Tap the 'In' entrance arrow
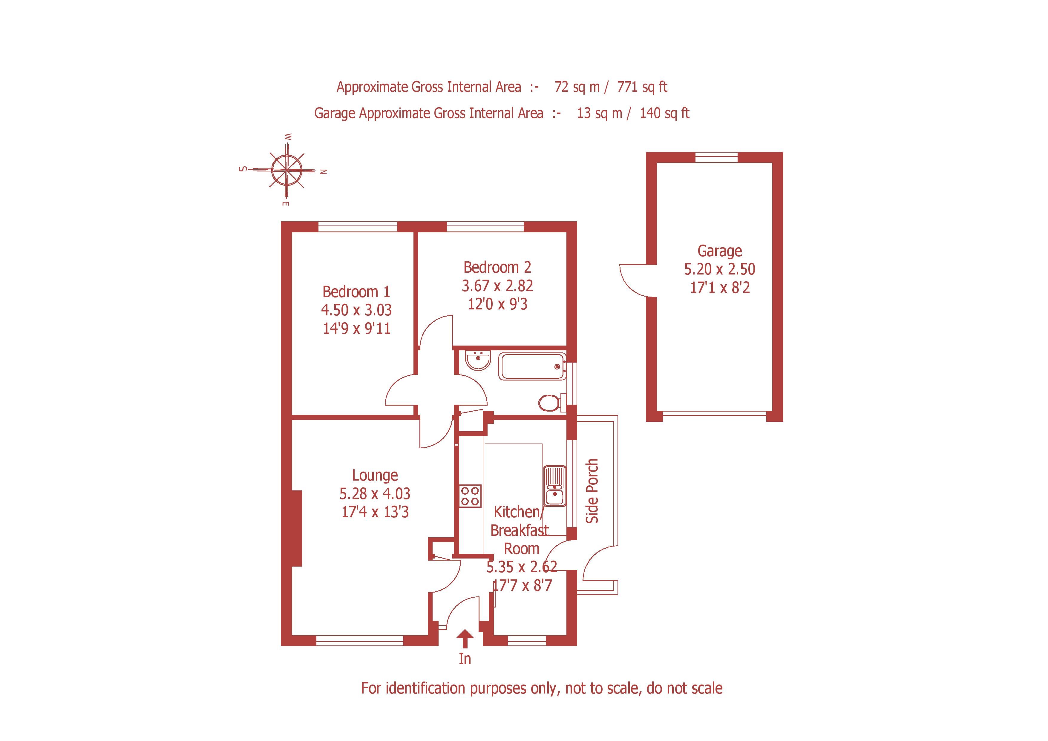click(465, 639)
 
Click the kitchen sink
click(554, 487)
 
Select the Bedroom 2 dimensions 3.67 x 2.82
click(497, 286)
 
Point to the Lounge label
click(375, 475)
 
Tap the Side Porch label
click(592, 491)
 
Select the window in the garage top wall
click(716, 157)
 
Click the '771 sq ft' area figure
click(642, 87)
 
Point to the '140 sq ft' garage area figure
click(664, 113)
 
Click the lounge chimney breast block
click(297, 528)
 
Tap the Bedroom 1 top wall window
click(357, 227)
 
